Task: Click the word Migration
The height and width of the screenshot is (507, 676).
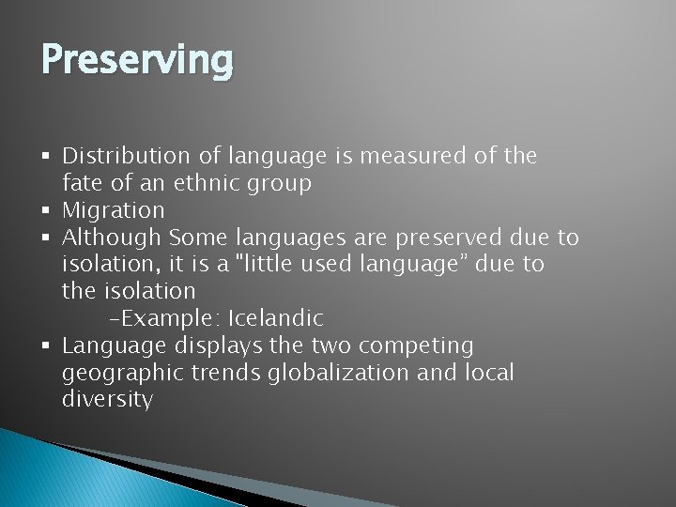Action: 113,210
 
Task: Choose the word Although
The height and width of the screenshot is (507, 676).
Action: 112,238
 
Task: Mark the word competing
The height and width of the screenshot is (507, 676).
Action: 421,346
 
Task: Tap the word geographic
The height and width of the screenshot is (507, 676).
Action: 123,373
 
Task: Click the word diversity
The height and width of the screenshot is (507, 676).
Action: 107,399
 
